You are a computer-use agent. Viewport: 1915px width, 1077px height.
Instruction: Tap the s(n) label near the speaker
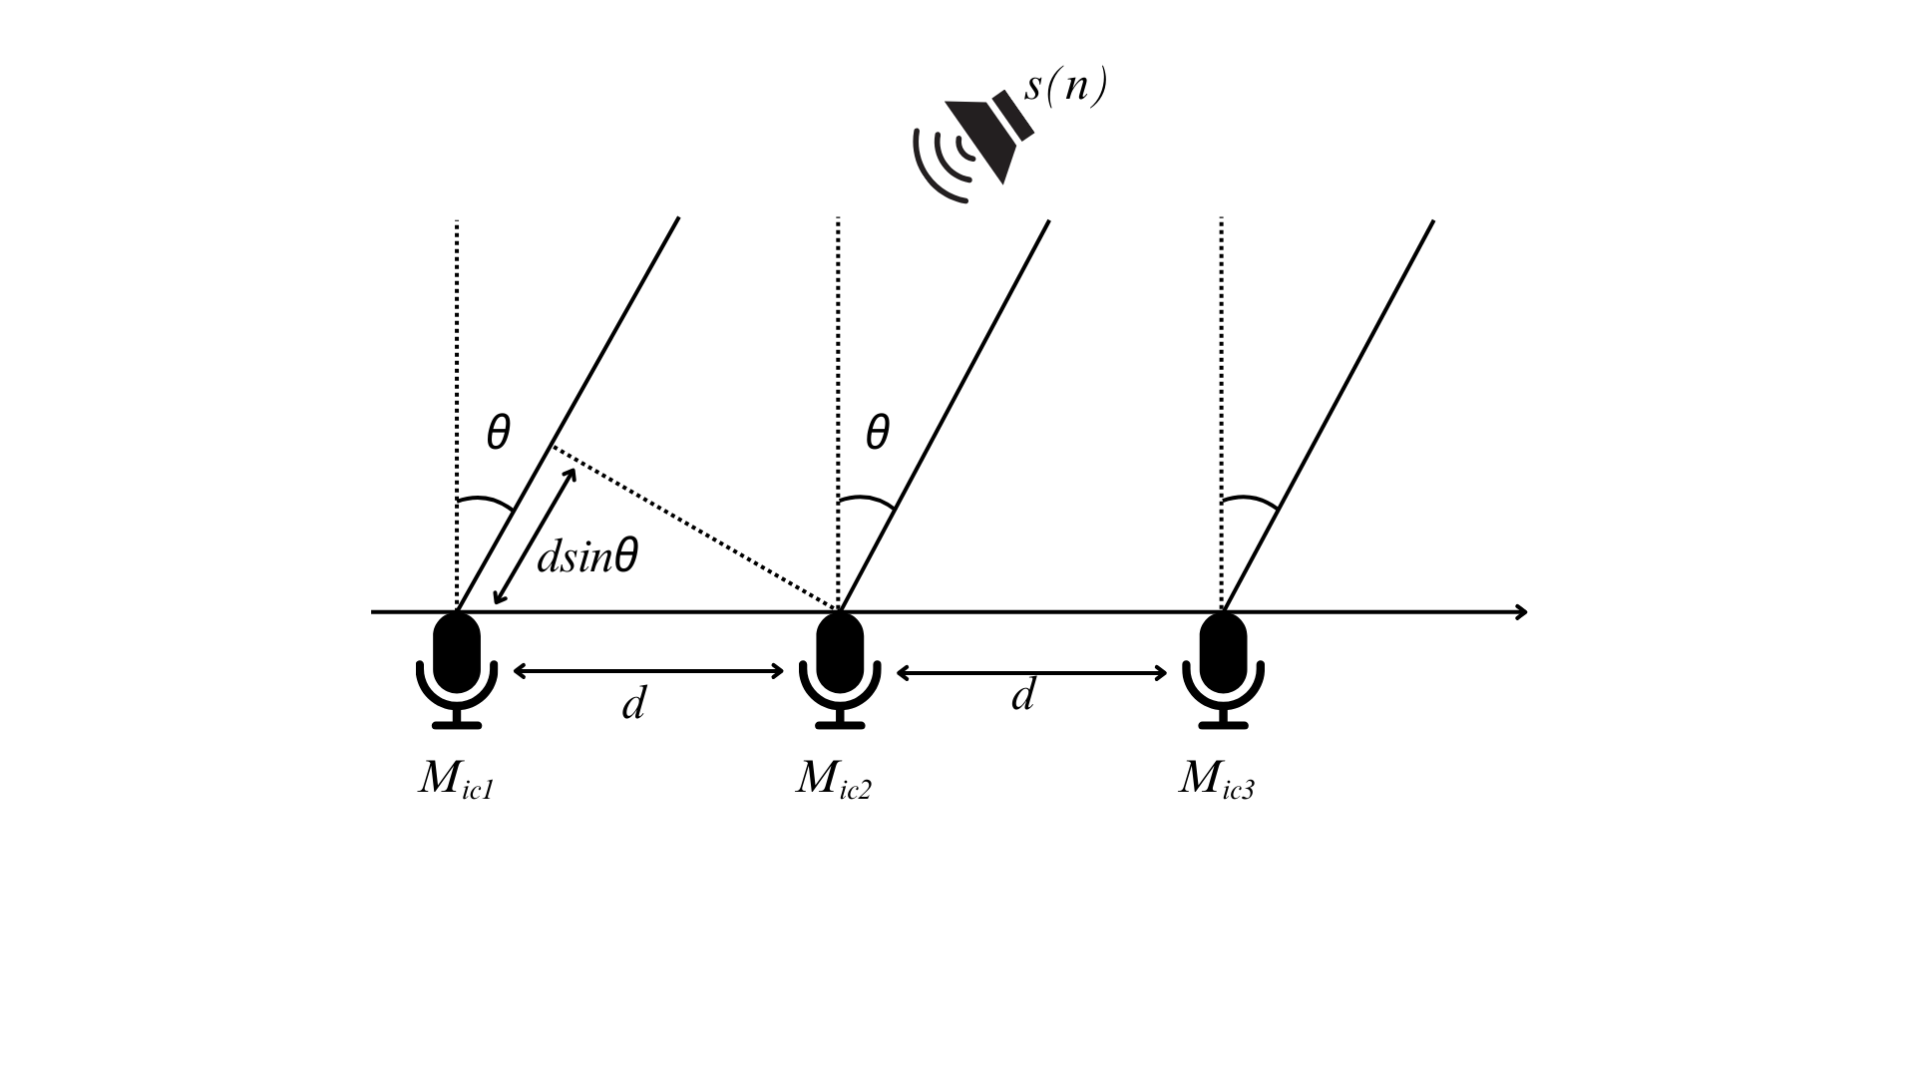(1065, 87)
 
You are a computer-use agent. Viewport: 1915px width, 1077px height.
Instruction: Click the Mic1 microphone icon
(457, 669)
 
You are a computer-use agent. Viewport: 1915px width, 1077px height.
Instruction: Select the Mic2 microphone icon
(840, 669)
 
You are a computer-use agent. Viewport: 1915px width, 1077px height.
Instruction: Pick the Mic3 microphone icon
(1223, 669)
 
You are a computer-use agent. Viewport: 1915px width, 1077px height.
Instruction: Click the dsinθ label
(586, 556)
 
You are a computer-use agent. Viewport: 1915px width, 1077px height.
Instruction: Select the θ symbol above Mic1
(498, 434)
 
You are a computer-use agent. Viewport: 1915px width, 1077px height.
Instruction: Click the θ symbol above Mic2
(877, 434)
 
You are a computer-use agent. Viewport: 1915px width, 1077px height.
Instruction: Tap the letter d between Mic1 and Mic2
(633, 704)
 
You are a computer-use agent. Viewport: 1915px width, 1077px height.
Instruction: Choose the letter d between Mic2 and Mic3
(1022, 695)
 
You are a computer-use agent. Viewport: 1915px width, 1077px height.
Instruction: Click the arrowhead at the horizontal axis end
(1520, 612)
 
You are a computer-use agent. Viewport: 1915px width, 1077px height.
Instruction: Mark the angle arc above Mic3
(1250, 500)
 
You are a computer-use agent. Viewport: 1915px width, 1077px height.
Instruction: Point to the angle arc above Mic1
(485, 501)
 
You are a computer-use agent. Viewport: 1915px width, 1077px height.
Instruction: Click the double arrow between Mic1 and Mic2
(648, 671)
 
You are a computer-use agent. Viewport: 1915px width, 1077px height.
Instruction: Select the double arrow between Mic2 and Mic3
(1031, 673)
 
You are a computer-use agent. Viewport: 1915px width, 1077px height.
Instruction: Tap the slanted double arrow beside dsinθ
(535, 537)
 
